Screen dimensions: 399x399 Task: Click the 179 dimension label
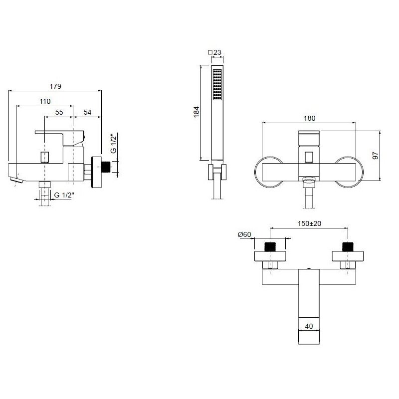55,86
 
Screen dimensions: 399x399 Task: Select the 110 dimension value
45,101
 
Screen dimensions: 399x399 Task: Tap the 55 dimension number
59,112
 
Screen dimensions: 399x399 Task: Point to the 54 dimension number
87,112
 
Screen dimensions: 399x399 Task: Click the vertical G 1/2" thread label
114,143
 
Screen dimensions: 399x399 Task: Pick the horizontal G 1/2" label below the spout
64,195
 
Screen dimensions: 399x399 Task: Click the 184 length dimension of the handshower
196,112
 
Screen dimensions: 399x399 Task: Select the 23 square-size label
217,52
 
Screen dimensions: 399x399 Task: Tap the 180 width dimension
309,118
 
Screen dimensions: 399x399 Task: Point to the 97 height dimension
376,156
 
